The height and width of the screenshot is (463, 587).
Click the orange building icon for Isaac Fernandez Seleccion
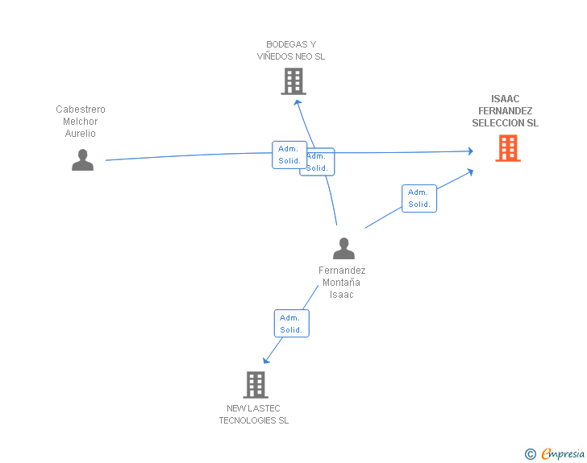508,148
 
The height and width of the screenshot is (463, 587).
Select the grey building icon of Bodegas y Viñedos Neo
293,81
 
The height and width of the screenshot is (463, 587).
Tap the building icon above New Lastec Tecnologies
256,385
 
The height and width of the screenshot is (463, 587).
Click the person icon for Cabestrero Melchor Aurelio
82,160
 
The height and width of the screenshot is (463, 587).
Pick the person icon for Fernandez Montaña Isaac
343,249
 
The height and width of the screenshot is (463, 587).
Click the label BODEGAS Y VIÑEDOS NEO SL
291,51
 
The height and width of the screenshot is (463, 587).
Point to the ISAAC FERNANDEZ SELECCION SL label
506,111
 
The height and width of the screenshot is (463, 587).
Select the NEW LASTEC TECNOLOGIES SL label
254,415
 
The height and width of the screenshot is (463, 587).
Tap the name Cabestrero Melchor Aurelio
81,122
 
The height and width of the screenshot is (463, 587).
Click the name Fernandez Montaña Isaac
342,283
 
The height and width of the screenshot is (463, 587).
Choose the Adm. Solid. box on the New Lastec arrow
291,324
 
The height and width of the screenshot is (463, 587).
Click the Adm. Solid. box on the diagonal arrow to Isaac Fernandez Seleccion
418,198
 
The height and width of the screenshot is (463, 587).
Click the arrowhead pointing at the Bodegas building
298,102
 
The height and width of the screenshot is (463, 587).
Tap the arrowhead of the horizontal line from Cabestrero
470,151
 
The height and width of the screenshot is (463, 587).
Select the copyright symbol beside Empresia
530,454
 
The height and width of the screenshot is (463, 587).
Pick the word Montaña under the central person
342,283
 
